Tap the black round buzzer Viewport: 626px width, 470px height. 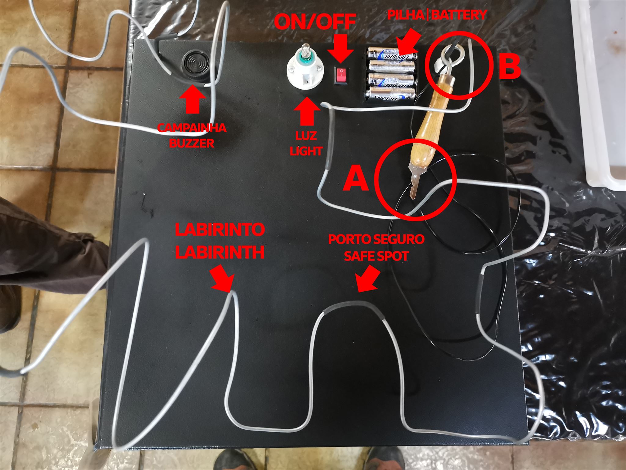195,65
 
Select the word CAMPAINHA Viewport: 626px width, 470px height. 192,128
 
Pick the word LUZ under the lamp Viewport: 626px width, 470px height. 306,136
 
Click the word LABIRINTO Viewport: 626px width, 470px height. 219,230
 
